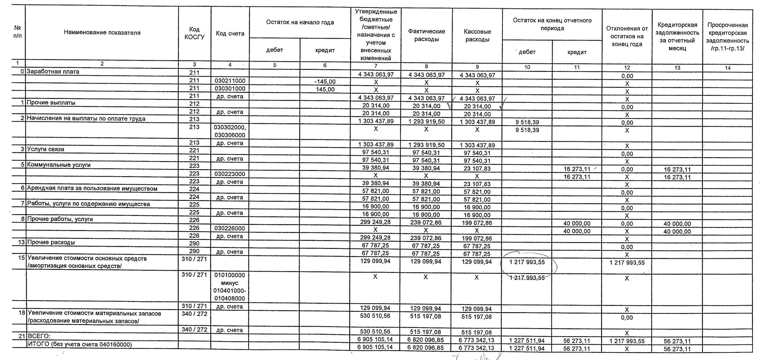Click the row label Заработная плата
[53, 72]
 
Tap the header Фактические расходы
[426, 35]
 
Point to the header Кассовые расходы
[477, 35]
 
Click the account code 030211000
[230, 81]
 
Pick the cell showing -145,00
[325, 81]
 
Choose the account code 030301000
[230, 89]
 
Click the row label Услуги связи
[46, 149]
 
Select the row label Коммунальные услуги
[59, 165]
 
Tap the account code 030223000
[230, 174]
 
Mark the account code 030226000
[230, 228]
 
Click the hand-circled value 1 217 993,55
[527, 262]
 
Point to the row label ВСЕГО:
[39, 336]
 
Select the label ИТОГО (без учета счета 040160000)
[79, 344]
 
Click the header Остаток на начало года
[300, 22]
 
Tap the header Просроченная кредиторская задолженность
[727, 37]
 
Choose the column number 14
[727, 68]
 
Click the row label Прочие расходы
[51, 242]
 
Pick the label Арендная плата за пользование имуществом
[92, 189]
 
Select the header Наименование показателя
[102, 33]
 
